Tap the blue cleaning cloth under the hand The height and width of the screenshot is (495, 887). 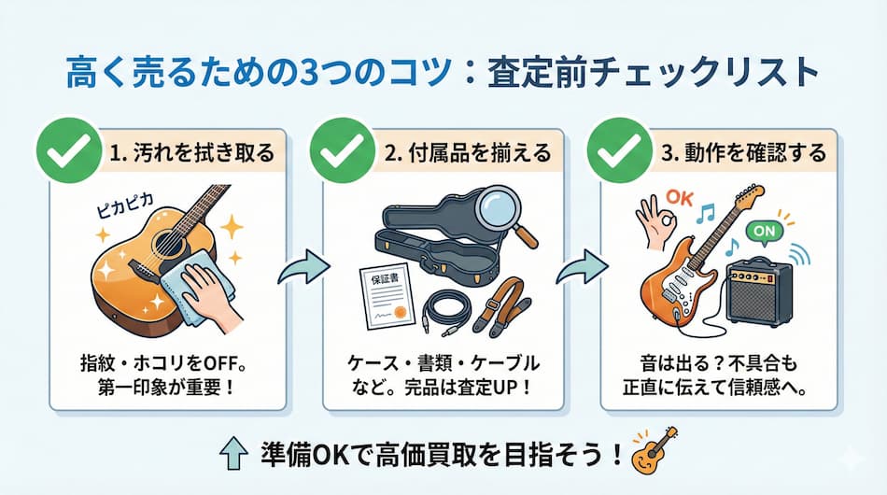point(187,290)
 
